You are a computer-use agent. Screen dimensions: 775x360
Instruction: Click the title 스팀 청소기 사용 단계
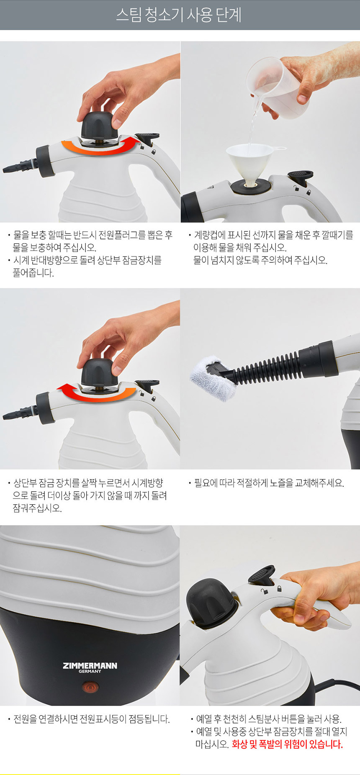pyautogui.click(x=179, y=15)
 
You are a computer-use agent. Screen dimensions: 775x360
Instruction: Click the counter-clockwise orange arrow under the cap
pyautogui.click(x=98, y=148)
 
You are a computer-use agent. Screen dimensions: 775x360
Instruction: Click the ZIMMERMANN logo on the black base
pyautogui.click(x=90, y=665)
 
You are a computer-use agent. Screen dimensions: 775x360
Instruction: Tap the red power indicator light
pyautogui.click(x=90, y=687)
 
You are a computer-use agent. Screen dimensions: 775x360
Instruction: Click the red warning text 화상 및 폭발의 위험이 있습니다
pyautogui.click(x=287, y=744)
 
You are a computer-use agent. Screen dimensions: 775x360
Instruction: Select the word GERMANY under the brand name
pyautogui.click(x=90, y=671)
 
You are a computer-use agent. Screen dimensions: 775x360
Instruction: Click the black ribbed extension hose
pyautogui.click(x=268, y=368)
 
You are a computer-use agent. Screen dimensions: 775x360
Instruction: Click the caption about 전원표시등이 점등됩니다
pyautogui.click(x=91, y=719)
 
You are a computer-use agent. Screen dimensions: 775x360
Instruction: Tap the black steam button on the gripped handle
pyautogui.click(x=262, y=575)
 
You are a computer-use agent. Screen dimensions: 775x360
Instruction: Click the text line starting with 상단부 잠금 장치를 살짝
pyautogui.click(x=88, y=483)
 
